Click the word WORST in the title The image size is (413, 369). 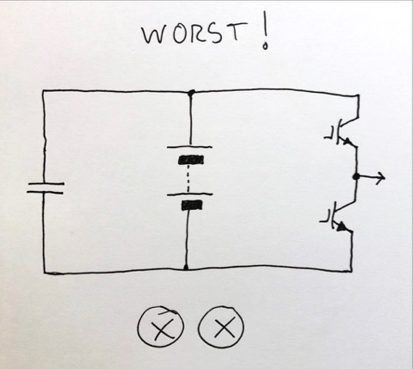click(195, 33)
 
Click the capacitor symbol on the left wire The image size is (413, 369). click(46, 188)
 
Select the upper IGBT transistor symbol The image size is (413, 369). click(344, 132)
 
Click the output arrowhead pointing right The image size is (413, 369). click(381, 177)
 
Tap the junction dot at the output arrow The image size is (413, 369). click(356, 176)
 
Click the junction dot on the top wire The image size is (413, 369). click(191, 92)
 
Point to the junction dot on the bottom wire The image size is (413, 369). click(186, 268)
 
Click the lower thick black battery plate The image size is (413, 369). click(192, 206)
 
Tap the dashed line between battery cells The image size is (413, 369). click(188, 179)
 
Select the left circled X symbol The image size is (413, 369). click(161, 327)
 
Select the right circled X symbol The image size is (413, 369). click(221, 327)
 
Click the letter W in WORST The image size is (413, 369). click(156, 35)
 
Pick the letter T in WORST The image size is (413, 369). click(237, 31)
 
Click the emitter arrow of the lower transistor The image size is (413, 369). click(342, 227)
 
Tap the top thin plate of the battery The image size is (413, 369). click(189, 147)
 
